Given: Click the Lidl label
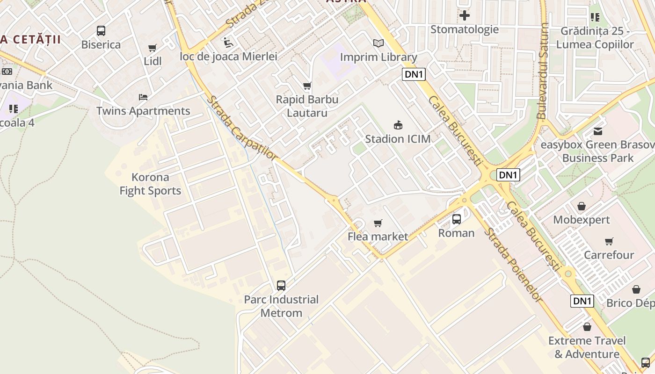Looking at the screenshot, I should click(153, 61).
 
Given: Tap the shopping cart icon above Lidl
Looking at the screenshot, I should click(152, 48).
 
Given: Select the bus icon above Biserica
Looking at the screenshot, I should click(101, 31).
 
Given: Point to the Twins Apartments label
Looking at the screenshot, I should click(143, 111).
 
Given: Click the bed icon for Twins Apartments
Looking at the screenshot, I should click(143, 97).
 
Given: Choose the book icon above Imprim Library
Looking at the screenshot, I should click(378, 43).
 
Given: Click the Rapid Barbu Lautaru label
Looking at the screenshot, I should click(307, 106).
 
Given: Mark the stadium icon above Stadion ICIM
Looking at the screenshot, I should click(398, 125).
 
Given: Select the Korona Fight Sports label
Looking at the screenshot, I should click(150, 184).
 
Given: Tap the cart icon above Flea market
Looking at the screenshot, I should click(378, 223).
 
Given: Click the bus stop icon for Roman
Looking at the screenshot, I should click(456, 219).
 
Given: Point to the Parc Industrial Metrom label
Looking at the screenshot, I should click(281, 306).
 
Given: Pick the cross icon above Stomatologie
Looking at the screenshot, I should click(464, 16).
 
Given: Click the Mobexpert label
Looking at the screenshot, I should click(582, 220).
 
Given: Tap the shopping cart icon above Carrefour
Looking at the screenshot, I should click(609, 242).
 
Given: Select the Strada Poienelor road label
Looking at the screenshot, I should click(513, 265).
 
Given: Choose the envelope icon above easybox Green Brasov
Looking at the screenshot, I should click(598, 131).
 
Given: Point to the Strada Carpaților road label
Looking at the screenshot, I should click(242, 128).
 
